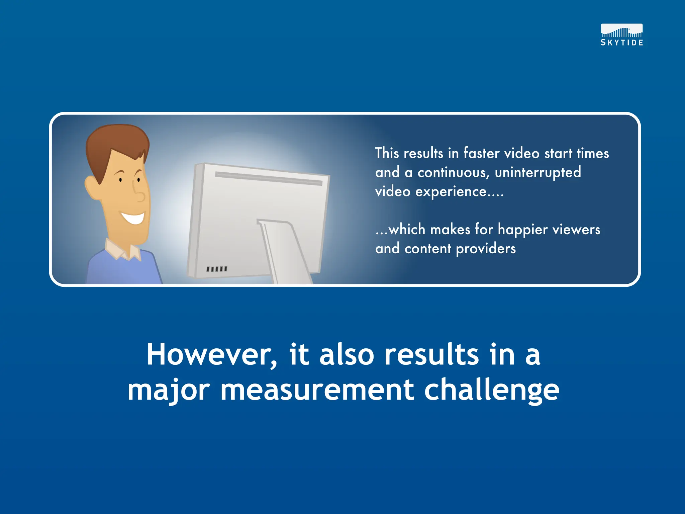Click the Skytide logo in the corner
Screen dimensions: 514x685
coord(622,35)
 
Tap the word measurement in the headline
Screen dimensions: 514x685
coord(317,390)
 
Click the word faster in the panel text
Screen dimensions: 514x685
coord(481,153)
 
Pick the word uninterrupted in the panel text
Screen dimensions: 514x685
coord(538,173)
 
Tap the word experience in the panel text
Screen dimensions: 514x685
coord(451,192)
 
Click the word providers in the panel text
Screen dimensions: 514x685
coord(486,249)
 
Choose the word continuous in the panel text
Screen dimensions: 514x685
coord(453,173)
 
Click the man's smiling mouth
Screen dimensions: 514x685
coord(134,218)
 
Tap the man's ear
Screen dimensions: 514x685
coord(91,187)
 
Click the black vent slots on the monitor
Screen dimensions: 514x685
coord(217,269)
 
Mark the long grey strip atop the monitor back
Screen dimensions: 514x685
coord(269,178)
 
